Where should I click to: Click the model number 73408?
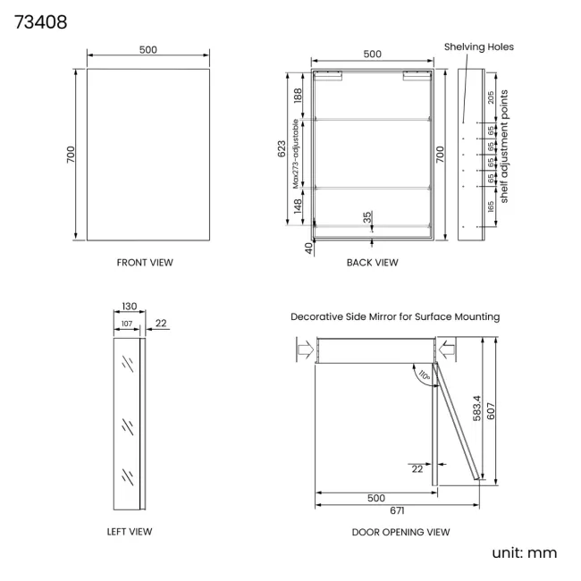[40, 21]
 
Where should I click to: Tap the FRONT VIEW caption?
[145, 263]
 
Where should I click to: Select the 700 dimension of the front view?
[72, 154]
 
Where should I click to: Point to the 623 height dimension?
[282, 149]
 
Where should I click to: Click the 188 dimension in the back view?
[299, 95]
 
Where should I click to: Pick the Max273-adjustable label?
[295, 153]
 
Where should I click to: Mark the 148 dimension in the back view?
[299, 206]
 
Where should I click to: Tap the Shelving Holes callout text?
[479, 46]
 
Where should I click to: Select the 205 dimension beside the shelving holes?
[491, 99]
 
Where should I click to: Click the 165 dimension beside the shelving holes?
[491, 206]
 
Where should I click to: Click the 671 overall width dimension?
[397, 511]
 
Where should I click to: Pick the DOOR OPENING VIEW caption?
[400, 532]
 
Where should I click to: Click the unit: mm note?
[524, 552]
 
